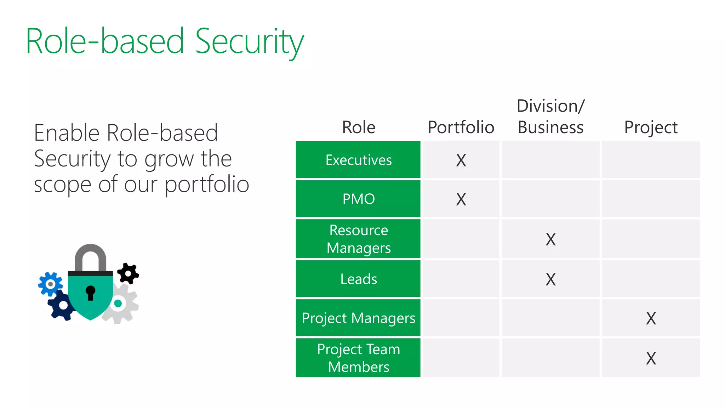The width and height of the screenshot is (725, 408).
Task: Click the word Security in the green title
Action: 249,42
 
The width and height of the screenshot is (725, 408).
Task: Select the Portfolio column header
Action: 461,127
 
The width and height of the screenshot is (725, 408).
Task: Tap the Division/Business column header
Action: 550,117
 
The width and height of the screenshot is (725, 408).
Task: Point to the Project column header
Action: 651,127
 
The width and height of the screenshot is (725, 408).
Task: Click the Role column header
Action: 359,127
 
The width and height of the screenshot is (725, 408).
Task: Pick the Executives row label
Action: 358,160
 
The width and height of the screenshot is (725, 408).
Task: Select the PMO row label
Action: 358,199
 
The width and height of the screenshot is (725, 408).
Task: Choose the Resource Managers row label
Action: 358,239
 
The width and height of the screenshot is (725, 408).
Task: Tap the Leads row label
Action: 358,279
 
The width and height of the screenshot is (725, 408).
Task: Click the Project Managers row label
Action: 358,318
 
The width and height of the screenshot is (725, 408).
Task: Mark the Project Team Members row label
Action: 358,358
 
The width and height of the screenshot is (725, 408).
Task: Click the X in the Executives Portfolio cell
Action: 461,160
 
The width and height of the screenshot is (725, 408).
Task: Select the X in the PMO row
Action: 461,199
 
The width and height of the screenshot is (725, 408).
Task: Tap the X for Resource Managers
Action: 550,239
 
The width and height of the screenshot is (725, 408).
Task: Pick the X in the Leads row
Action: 550,279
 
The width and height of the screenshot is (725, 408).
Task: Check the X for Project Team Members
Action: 651,358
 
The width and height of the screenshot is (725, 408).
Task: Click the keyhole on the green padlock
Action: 91,292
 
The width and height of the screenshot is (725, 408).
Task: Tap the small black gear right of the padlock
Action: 128,273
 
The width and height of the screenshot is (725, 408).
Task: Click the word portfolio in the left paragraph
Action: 207,185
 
